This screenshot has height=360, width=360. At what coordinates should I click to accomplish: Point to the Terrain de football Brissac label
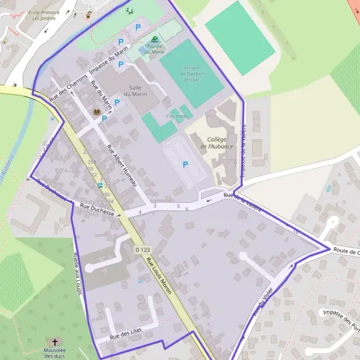[193, 73]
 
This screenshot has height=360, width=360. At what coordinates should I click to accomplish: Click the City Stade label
[177, 116]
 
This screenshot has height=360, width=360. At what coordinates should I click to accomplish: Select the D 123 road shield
[142, 249]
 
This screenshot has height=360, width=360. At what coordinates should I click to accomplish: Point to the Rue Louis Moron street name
[159, 276]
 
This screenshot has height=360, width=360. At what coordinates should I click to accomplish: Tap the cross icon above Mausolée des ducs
[55, 341]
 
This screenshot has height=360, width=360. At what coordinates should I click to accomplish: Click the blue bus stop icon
[101, 185]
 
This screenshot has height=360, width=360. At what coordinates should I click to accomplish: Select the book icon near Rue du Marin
[96, 112]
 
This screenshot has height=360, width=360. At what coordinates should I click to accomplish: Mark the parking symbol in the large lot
[185, 164]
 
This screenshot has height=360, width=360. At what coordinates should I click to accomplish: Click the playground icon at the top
[128, 10]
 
